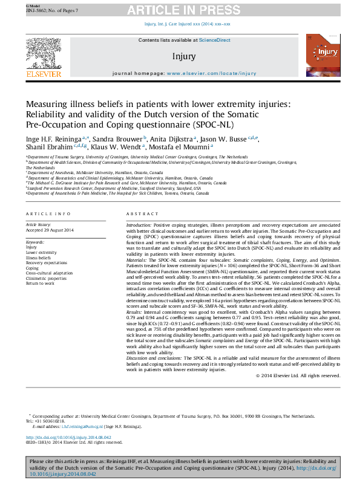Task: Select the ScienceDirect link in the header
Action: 216,40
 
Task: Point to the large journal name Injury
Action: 184,57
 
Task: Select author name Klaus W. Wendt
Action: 119,146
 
